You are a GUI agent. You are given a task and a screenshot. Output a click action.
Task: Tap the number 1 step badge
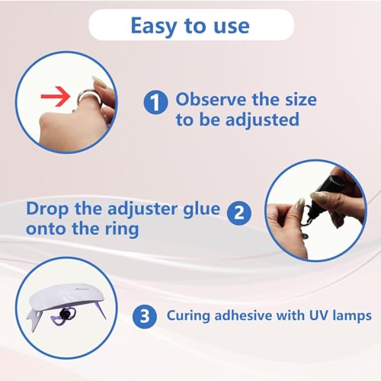click(x=155, y=100)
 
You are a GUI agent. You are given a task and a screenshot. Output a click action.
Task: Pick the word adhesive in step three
click(x=264, y=315)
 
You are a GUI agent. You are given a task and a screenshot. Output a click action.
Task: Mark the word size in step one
click(x=281, y=99)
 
